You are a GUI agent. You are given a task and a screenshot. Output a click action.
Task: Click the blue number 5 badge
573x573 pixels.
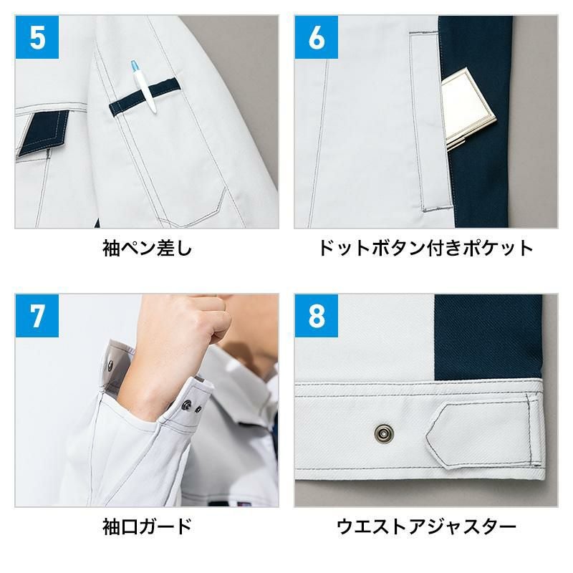coord(37,37)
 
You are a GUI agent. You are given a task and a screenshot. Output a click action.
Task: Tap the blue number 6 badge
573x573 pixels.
coord(317,37)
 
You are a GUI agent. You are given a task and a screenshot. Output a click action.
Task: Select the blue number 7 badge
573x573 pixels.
coord(37,316)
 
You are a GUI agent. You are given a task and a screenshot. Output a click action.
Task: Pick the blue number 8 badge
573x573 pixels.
coord(317,316)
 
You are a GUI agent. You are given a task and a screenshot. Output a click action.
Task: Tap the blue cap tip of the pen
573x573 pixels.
coord(135,66)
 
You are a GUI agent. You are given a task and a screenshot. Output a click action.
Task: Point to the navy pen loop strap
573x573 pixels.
coord(145,97)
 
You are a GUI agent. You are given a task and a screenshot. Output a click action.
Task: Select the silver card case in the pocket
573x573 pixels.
coord(468,108)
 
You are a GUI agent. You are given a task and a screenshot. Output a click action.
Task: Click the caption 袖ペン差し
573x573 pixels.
coord(147,249)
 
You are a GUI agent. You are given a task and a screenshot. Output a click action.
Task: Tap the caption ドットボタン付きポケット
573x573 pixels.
coord(426,249)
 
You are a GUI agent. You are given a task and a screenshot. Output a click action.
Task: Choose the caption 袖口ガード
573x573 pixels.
coord(147,526)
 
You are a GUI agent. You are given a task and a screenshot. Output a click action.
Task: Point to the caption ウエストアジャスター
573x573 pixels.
coord(426,526)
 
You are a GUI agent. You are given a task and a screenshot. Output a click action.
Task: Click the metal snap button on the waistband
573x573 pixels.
coord(384,433)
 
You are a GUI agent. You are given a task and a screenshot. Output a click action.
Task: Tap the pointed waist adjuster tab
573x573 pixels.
coord(482,435)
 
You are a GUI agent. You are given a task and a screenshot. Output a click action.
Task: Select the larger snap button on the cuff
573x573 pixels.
coord(187,405)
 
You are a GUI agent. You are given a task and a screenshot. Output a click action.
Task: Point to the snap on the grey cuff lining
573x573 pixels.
coord(110,364)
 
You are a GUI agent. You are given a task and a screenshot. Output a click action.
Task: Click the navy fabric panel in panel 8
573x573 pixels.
coord(488,336)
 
